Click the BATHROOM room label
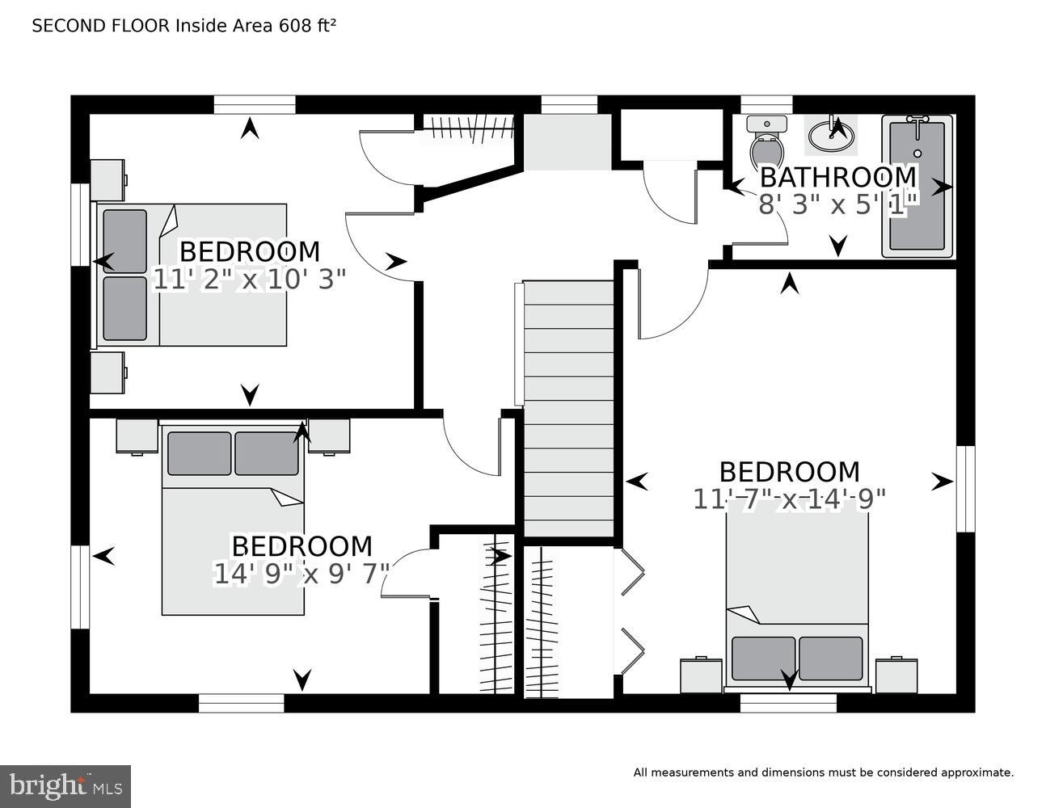pyautogui.click(x=838, y=176)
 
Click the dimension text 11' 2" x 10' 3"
pyautogui.click(x=249, y=280)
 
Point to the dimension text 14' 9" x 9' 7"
pyautogui.click(x=302, y=574)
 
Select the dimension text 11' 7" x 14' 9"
pyautogui.click(x=789, y=499)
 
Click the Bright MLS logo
pyautogui.click(x=65, y=786)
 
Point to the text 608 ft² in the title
pyautogui.click(x=307, y=26)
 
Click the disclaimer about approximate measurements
pyautogui.click(x=823, y=772)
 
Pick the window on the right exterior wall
pyautogui.click(x=965, y=489)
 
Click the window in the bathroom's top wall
pyautogui.click(x=766, y=104)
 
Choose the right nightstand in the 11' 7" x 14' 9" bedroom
pyautogui.click(x=896, y=675)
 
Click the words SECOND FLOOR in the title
pyautogui.click(x=101, y=26)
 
